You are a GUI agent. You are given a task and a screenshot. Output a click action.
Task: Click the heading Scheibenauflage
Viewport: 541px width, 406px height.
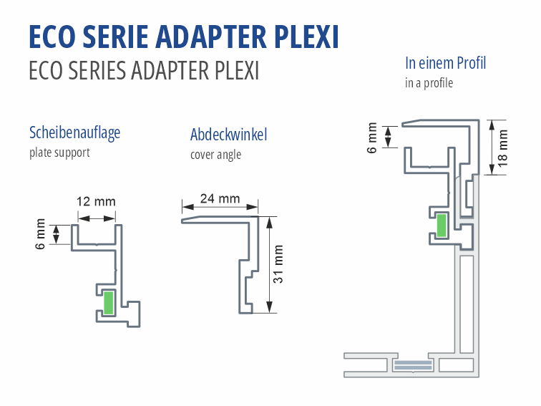[74, 132]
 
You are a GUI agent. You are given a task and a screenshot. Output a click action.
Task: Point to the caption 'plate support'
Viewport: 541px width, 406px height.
[59, 153]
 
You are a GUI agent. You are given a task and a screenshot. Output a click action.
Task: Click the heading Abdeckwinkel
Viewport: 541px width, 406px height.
[229, 135]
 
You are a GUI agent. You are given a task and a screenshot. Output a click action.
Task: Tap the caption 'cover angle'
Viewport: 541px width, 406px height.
[215, 155]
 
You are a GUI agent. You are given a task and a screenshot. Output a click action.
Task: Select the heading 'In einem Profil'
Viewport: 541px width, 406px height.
[445, 63]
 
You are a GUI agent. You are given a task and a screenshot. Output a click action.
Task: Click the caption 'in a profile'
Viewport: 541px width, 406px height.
[429, 83]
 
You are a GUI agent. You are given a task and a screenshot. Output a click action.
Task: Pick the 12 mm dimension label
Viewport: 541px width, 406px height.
[96, 201]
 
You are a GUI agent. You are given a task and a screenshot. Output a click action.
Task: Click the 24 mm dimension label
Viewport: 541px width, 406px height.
[220, 198]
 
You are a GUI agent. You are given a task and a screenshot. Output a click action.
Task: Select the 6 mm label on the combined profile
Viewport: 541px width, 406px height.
[372, 137]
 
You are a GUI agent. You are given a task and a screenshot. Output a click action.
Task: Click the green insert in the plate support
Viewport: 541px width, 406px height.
[109, 302]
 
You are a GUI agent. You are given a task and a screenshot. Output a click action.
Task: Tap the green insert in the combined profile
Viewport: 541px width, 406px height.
[442, 225]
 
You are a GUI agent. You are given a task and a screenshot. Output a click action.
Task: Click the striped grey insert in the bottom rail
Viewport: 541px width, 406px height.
[413, 365]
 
